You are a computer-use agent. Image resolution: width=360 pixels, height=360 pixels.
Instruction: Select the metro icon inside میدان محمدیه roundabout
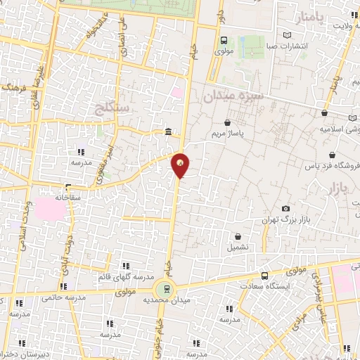[x=166, y=288]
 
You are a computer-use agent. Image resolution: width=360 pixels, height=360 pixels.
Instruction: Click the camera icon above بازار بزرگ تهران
[x=285, y=208]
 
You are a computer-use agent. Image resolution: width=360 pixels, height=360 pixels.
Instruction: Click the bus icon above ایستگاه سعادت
[x=264, y=276]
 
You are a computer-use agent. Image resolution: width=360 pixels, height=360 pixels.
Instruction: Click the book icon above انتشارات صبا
[x=285, y=35]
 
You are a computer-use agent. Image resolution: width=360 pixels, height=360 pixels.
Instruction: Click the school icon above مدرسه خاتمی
[x=63, y=285]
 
